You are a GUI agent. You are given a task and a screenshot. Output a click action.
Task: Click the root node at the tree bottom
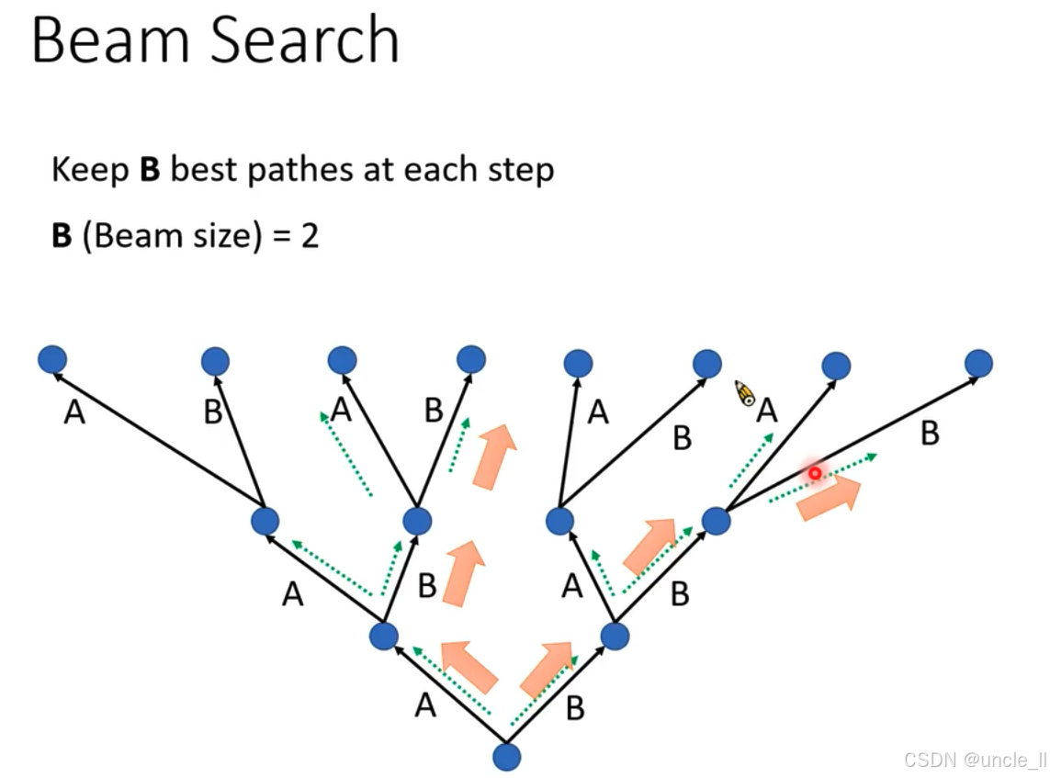(x=506, y=757)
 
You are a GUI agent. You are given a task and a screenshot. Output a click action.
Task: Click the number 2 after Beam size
(x=309, y=237)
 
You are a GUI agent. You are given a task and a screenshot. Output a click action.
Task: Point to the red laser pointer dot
(x=815, y=472)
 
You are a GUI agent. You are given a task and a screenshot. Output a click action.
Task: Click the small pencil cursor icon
(x=745, y=393)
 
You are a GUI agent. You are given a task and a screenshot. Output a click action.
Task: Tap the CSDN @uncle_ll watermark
(x=975, y=760)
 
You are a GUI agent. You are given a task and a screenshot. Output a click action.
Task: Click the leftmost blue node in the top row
(x=52, y=360)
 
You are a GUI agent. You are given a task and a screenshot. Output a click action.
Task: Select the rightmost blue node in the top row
(x=979, y=363)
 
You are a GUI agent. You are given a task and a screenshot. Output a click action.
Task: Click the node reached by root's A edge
(x=383, y=635)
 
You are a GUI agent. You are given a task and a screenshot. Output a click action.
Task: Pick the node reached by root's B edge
(x=615, y=635)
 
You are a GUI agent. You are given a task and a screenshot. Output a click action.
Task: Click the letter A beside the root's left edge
(x=423, y=705)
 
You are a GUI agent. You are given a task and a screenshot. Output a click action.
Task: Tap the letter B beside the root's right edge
(x=575, y=708)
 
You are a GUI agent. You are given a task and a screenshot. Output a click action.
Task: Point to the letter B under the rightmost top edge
(x=930, y=434)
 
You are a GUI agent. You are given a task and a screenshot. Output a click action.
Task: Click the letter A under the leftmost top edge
(x=74, y=414)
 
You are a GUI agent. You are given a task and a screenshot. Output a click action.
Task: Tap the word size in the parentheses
(x=218, y=237)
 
